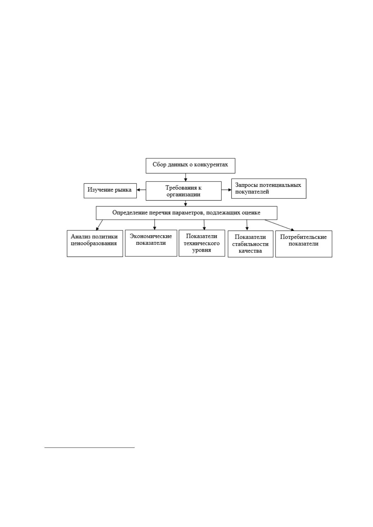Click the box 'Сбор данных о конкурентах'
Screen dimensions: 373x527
[x=190, y=166]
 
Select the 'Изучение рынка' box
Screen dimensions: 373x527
[x=110, y=191]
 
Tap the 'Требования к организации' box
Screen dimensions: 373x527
[x=184, y=191]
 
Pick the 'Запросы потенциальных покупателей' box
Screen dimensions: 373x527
[x=269, y=188]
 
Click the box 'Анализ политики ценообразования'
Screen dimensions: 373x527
[x=95, y=243]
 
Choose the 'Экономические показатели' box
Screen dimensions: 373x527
[x=151, y=243]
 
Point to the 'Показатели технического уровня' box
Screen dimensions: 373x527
[x=202, y=243]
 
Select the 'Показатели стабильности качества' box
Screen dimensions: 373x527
[x=251, y=244]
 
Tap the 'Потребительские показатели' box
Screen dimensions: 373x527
[x=304, y=244]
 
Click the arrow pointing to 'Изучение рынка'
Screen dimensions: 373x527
[x=141, y=190]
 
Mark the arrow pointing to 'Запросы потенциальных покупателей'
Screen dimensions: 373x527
[x=226, y=190]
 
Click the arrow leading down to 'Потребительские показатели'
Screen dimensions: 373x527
[x=279, y=225]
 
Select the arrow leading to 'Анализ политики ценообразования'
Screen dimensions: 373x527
[x=99, y=225]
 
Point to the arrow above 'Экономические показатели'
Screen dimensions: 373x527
[x=155, y=224]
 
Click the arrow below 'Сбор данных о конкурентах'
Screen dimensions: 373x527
[x=185, y=177]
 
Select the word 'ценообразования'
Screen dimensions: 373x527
[x=94, y=243]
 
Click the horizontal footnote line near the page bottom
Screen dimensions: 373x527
[x=90, y=448]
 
